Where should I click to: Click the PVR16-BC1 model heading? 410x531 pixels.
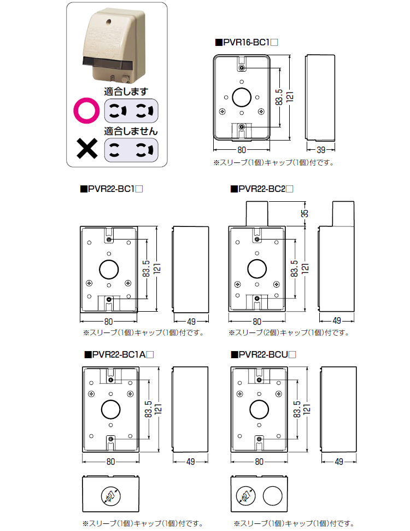tap(247, 42)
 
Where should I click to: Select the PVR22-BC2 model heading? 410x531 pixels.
tap(262, 189)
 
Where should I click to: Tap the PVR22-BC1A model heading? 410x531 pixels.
tap(119, 354)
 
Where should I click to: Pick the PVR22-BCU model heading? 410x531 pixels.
tap(263, 354)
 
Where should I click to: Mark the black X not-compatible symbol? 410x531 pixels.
tap(87, 149)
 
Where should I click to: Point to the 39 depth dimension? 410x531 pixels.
tap(320, 150)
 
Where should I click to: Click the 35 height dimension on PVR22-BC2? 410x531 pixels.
tap(304, 213)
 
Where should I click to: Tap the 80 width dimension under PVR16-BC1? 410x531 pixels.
tap(242, 150)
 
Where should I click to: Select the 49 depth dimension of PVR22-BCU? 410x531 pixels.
tap(339, 462)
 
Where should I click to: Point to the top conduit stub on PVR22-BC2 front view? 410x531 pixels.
tap(256, 214)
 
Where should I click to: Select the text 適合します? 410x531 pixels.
tap(126, 91)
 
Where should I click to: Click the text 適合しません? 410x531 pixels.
tap(131, 131)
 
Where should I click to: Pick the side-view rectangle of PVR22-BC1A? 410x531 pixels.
tap(190, 410)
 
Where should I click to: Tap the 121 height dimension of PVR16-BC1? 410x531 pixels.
tap(290, 97)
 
